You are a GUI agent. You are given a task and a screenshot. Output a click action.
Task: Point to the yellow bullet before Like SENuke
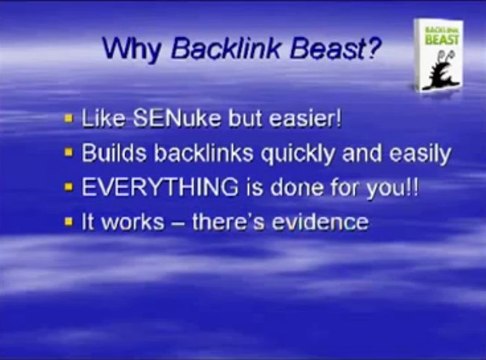(x=68, y=119)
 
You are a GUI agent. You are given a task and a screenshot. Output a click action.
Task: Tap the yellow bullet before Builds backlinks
(x=68, y=154)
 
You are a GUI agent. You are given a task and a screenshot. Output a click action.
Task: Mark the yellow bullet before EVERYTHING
(x=68, y=188)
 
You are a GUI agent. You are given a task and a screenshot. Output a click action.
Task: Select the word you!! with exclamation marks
(x=364, y=187)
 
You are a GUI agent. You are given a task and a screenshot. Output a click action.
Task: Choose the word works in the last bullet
(x=129, y=221)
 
